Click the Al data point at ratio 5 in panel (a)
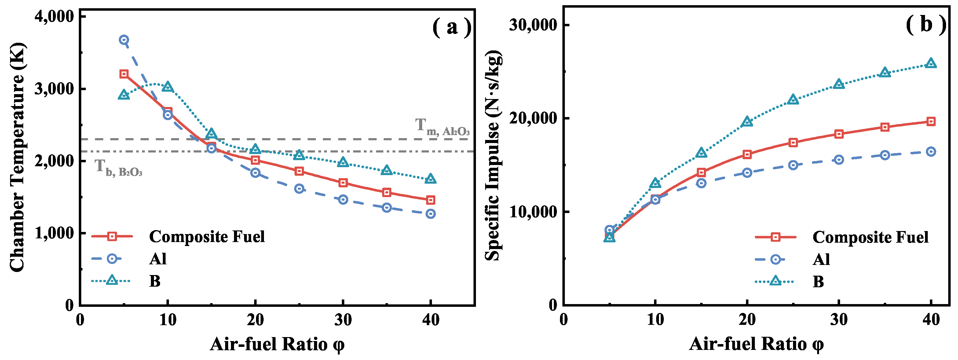pyautogui.click(x=124, y=40)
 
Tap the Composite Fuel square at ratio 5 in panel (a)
pyautogui.click(x=124, y=74)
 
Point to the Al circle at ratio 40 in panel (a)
pyautogui.click(x=430, y=214)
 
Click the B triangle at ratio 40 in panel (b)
pyautogui.click(x=931, y=63)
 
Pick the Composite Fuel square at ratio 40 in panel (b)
pyautogui.click(x=931, y=122)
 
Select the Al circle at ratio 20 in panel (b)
pyautogui.click(x=747, y=173)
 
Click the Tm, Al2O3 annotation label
pyautogui.click(x=442, y=127)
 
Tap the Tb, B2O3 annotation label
pyautogui.click(x=118, y=168)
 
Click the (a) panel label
pyautogui.click(x=452, y=27)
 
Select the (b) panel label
pyautogui.click(x=926, y=24)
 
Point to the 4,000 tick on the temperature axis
pyautogui.click(x=54, y=17)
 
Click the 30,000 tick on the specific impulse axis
pyautogui.click(x=533, y=25)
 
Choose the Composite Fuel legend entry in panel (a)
pyautogui.click(x=207, y=237)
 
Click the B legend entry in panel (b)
pyautogui.click(x=818, y=281)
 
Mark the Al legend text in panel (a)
pyautogui.click(x=158, y=259)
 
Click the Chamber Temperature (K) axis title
pyautogui.click(x=17, y=157)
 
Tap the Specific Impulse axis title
pyautogui.click(x=493, y=156)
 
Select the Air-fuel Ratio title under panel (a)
pyautogui.click(x=277, y=344)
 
